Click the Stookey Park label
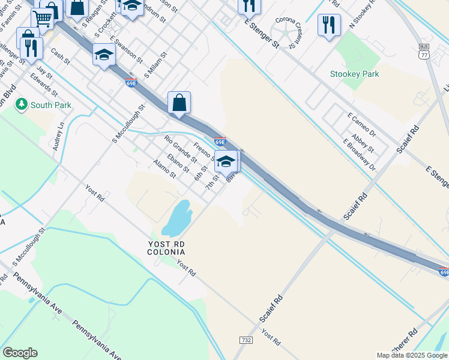click(x=354, y=74)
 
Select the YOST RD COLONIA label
click(x=166, y=248)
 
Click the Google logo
click(x=19, y=353)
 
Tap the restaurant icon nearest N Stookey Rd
click(x=328, y=25)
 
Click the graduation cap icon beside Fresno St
click(x=226, y=161)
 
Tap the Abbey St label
click(x=363, y=143)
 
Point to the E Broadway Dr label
click(x=358, y=155)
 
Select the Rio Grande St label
click(x=180, y=150)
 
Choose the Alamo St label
click(x=164, y=169)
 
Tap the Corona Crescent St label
click(x=285, y=33)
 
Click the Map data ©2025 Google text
click(x=412, y=355)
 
